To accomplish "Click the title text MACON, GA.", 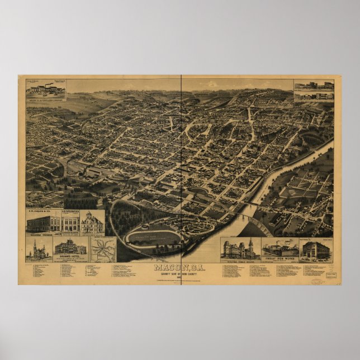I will click(x=179, y=267).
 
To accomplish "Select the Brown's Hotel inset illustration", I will click(x=70, y=248).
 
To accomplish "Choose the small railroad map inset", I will click(x=103, y=249).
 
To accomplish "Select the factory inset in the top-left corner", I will click(x=45, y=89).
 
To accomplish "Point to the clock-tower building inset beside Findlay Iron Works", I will click(x=241, y=249).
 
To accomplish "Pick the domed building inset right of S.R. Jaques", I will click(x=92, y=224).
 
